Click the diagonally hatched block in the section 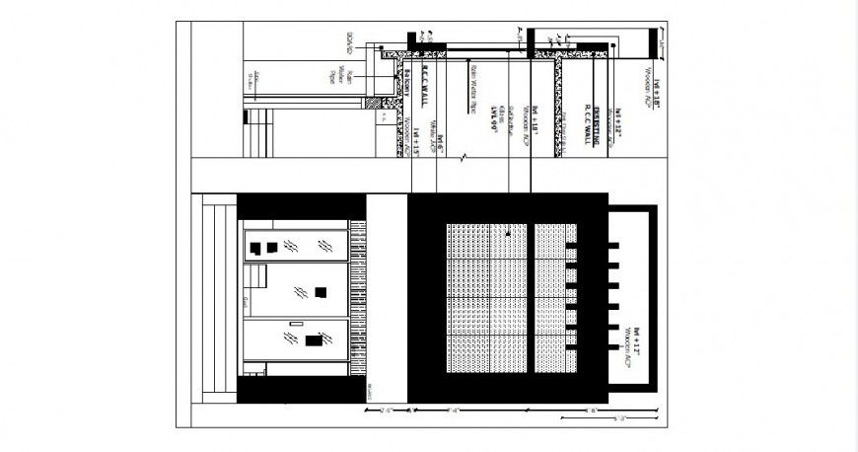coord(371,102)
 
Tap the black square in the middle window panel coord(321,291)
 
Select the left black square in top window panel coord(254,249)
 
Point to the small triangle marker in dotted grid coord(508,234)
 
